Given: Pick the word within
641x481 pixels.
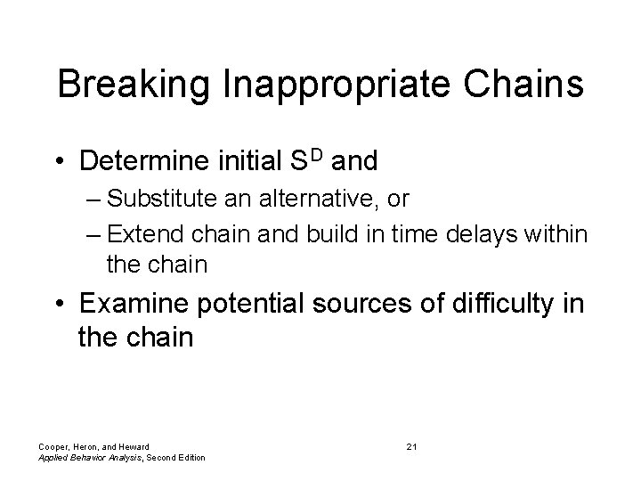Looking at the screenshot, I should point(562,234).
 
